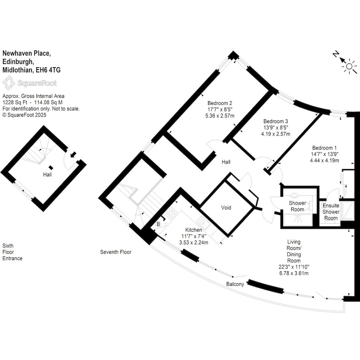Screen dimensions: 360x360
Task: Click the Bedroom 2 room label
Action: coord(220,103)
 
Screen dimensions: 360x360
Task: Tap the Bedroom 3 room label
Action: coord(276,121)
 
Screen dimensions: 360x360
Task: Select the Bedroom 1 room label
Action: coord(324,148)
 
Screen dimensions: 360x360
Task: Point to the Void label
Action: coord(226,208)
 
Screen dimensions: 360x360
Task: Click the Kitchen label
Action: coord(194,230)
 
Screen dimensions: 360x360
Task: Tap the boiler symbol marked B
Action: coord(158,224)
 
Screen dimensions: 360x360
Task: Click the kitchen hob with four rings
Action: coord(171,214)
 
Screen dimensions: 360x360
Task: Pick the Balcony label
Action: coord(235,284)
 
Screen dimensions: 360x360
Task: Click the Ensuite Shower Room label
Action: coord(331,212)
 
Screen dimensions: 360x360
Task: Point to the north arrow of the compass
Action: coord(342,60)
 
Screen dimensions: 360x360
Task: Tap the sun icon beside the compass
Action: coord(349,66)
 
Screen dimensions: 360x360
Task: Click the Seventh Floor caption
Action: coord(116,252)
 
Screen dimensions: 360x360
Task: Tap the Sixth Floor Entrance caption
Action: coord(12,252)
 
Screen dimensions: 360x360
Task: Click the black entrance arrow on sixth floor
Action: coord(73,154)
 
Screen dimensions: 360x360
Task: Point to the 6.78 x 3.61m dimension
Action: coord(294,273)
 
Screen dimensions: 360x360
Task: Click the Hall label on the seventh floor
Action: coord(226,162)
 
